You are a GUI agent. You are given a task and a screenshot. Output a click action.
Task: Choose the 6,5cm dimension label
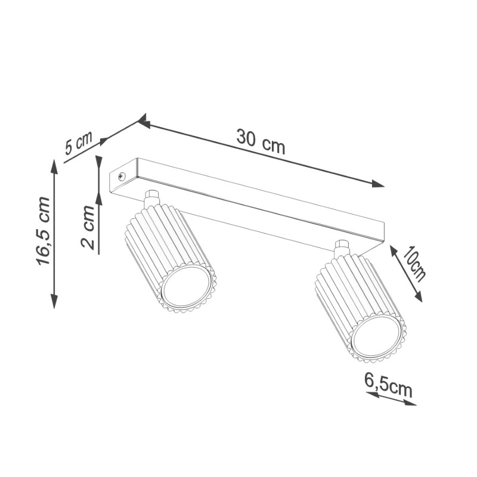(x=388, y=385)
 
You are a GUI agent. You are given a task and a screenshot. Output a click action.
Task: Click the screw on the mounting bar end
(x=122, y=175)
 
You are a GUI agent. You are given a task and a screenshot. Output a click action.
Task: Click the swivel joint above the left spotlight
(x=152, y=197)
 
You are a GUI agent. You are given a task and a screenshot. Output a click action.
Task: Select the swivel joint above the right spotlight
(x=342, y=247)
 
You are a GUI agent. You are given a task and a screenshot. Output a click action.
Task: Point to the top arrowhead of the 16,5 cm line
(x=54, y=166)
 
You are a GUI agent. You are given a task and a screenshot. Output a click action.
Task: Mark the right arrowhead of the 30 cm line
(x=378, y=184)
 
